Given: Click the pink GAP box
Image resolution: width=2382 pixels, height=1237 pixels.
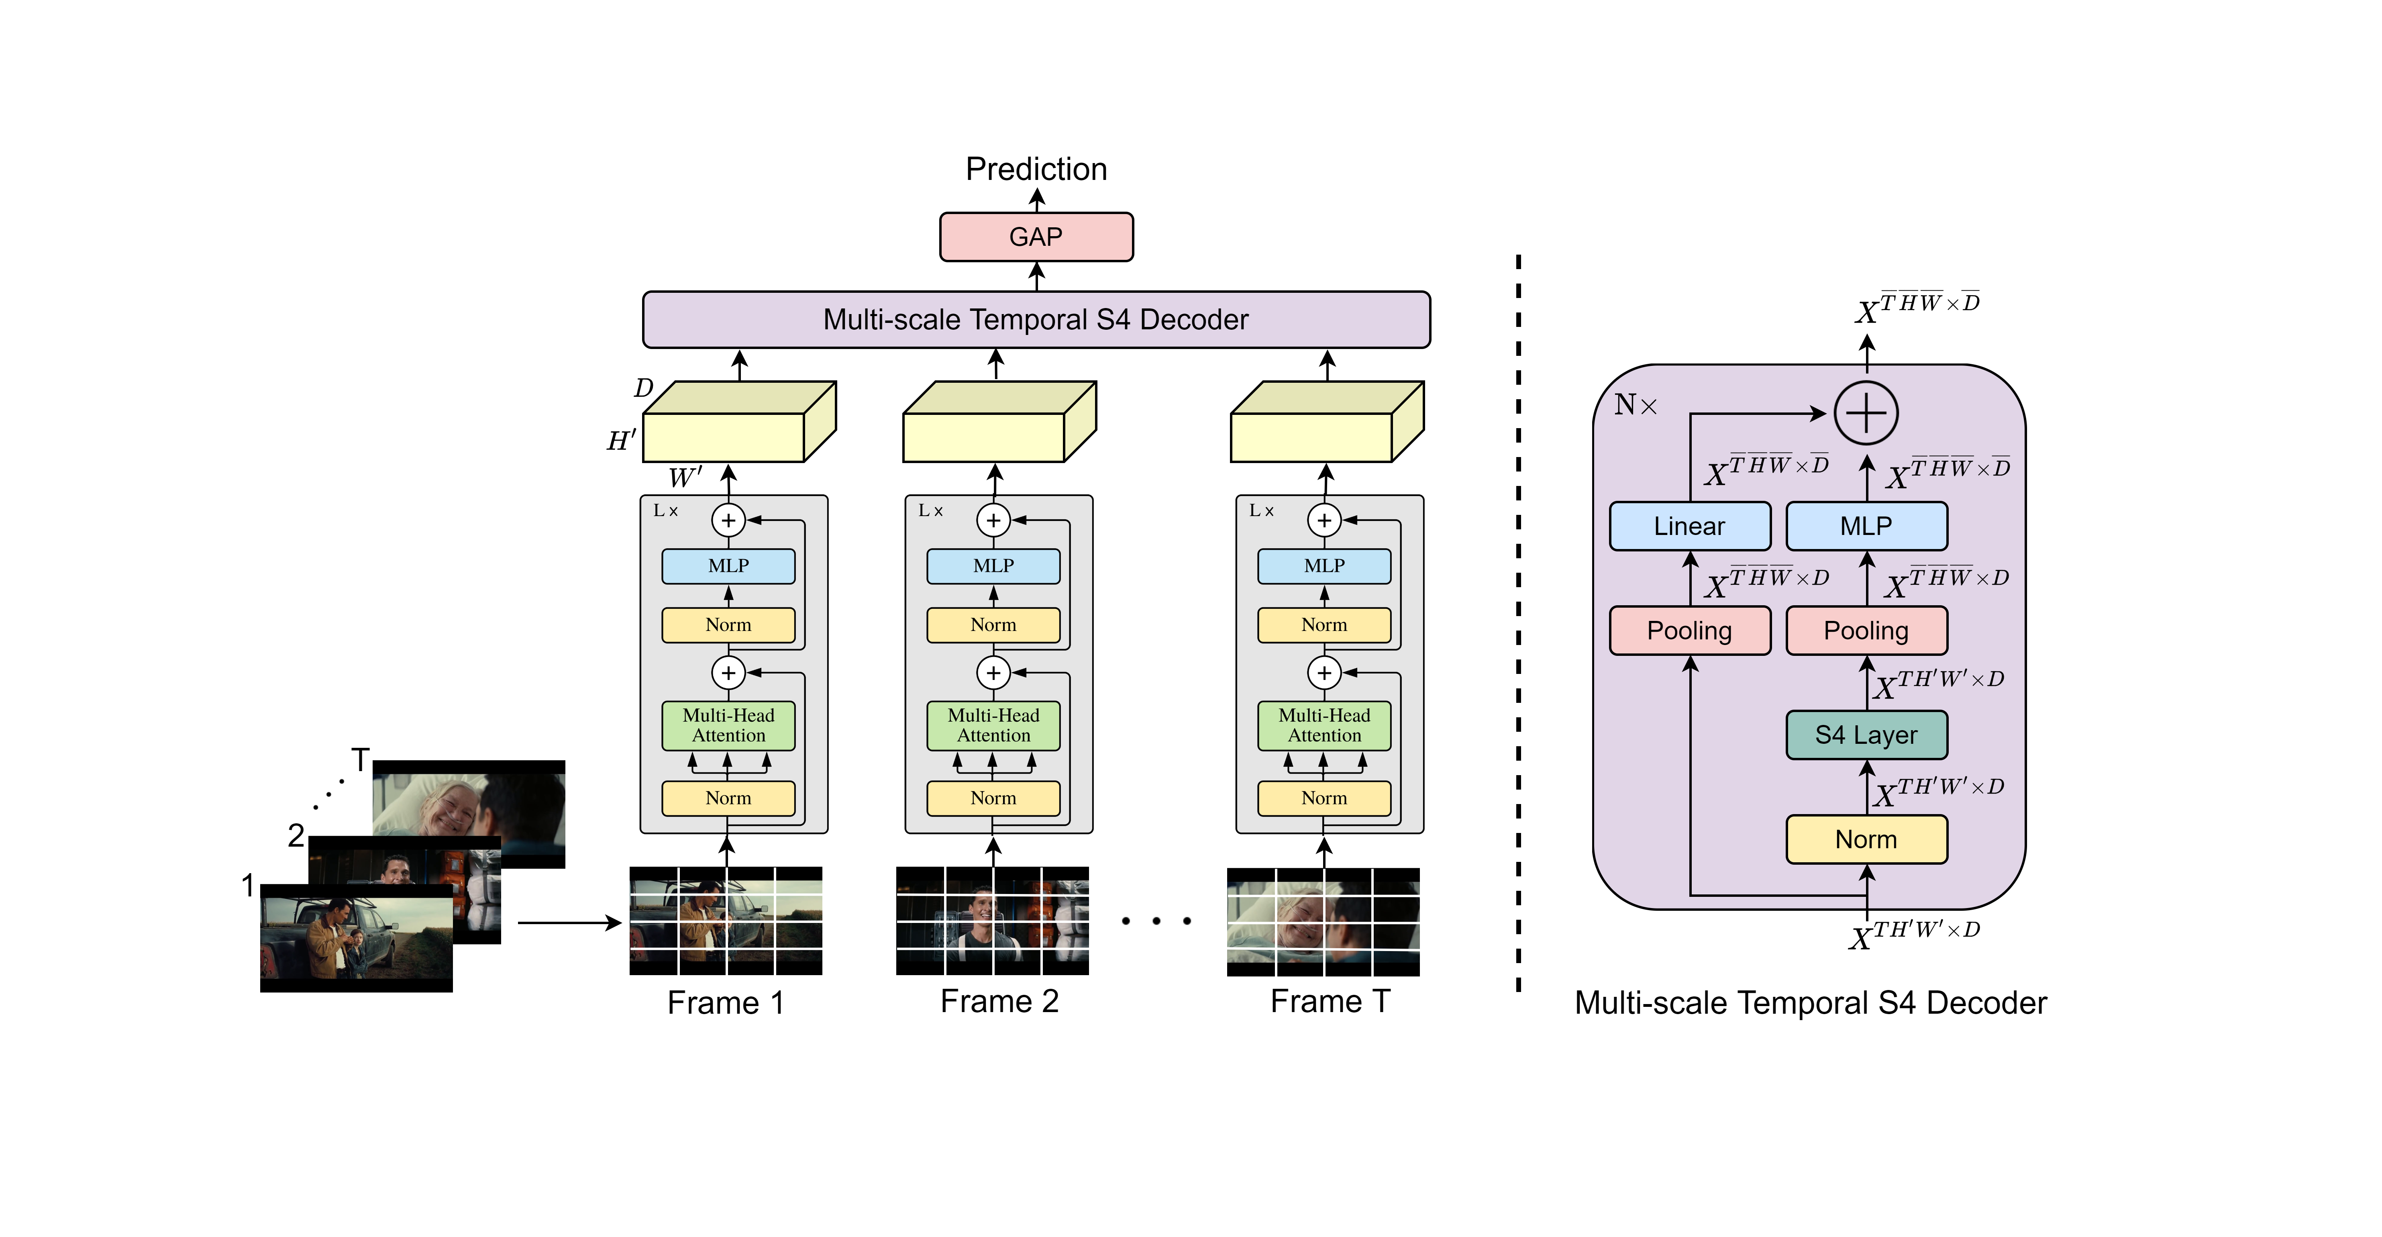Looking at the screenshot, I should [x=1036, y=237].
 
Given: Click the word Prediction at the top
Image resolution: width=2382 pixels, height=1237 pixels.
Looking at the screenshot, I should [x=1036, y=169].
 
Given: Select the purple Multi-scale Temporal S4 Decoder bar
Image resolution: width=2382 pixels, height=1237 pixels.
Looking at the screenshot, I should [x=1036, y=320].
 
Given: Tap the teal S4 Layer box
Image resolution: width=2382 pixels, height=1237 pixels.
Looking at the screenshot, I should [x=1866, y=735].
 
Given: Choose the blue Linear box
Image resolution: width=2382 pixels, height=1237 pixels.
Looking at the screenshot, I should [x=1689, y=526].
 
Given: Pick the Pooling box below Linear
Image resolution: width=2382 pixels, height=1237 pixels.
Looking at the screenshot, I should [x=1689, y=631].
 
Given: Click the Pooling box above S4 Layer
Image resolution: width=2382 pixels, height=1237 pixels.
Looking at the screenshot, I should [x=1866, y=631].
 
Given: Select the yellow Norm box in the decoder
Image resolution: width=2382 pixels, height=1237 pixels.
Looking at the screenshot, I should [x=1866, y=839].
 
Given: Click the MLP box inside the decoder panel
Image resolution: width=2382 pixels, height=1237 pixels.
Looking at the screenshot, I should [x=1866, y=526].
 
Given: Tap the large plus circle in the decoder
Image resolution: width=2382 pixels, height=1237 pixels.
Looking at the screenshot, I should [x=1866, y=413].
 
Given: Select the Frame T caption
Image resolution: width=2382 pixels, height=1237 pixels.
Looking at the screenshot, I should [x=1330, y=1001].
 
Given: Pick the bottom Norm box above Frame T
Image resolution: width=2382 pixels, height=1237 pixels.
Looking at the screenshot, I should [x=1324, y=798].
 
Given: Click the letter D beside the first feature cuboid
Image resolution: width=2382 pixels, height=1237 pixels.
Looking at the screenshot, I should [x=644, y=388].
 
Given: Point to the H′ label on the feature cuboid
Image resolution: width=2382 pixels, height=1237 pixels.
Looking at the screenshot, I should [x=620, y=441].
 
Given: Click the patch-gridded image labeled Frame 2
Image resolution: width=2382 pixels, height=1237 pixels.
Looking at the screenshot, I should [x=992, y=921].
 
